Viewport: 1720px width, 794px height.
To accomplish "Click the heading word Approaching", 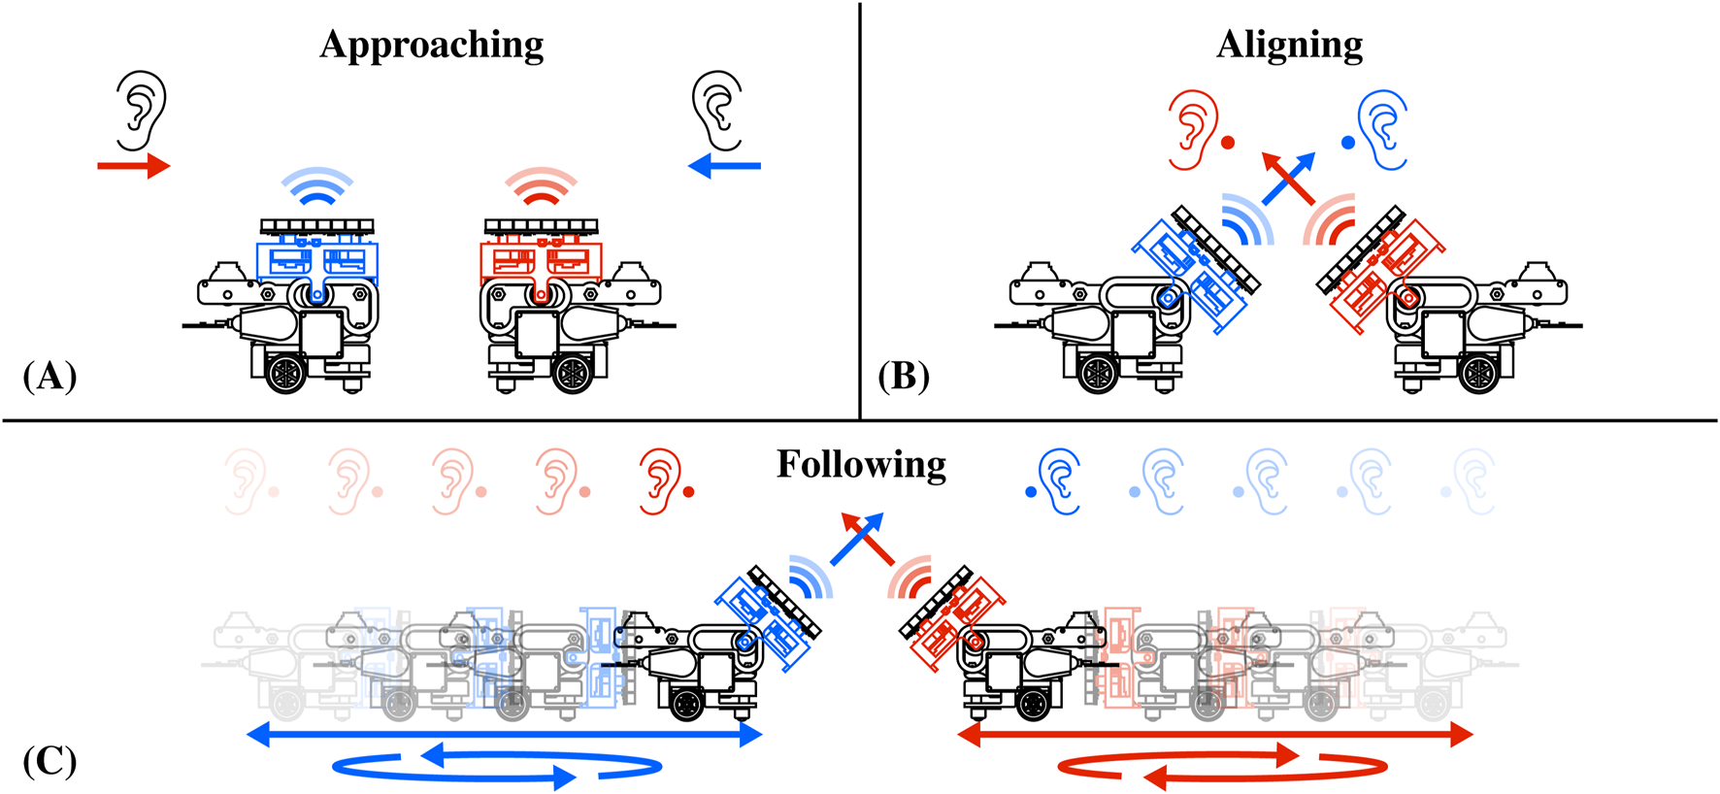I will pyautogui.click(x=431, y=46).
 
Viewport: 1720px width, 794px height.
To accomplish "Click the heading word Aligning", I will pyautogui.click(x=1289, y=46).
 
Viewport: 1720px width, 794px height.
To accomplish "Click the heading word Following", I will pyautogui.click(x=861, y=465).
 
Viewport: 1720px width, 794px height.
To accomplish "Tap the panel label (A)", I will pyautogui.click(x=50, y=376).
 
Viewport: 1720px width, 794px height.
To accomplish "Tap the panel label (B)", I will pyautogui.click(x=904, y=376).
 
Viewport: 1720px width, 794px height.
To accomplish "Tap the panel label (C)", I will pyautogui.click(x=50, y=760).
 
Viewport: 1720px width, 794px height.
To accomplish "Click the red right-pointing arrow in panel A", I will pyautogui.click(x=133, y=166).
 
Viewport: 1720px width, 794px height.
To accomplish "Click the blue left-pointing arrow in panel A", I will pyautogui.click(x=724, y=166).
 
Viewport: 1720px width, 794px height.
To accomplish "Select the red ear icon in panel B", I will pyautogui.click(x=1194, y=129).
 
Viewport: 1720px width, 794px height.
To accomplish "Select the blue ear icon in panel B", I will pyautogui.click(x=1383, y=129).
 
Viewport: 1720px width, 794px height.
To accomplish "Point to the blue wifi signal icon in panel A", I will pyautogui.click(x=316, y=186).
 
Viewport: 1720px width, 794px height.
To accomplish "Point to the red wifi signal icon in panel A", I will pyautogui.click(x=541, y=186).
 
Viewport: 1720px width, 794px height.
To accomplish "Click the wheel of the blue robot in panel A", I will pyautogui.click(x=286, y=373).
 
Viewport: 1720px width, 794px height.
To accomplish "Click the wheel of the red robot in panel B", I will pyautogui.click(x=1477, y=373).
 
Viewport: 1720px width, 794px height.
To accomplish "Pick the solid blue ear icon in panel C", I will pyautogui.click(x=1059, y=480).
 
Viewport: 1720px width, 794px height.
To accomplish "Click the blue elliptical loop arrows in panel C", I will pyautogui.click(x=497, y=767).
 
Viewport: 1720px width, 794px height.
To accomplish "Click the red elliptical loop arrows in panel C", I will pyautogui.click(x=1221, y=767).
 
